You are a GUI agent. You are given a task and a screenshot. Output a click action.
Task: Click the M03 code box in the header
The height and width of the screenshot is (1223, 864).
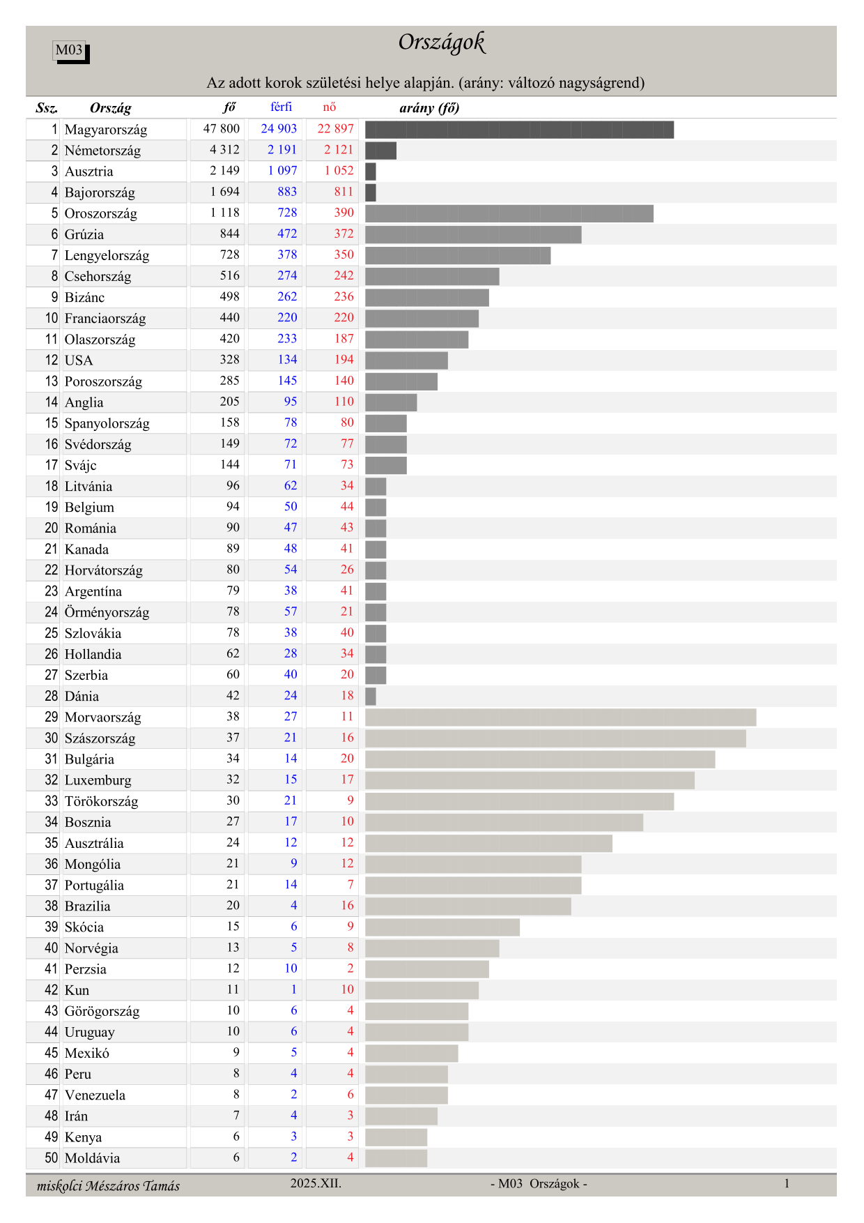[70, 50]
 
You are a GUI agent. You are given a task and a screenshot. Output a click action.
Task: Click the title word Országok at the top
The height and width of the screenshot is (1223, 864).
[442, 43]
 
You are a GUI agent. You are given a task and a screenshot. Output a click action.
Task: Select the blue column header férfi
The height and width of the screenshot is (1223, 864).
[281, 107]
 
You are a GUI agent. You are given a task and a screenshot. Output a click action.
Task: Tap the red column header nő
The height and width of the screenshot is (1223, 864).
[330, 107]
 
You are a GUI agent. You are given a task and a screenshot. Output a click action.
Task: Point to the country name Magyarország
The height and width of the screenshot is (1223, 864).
[106, 130]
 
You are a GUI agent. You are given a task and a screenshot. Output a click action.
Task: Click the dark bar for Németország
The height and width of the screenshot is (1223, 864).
[380, 150]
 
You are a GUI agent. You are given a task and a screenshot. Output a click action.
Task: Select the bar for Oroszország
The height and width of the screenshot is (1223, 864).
[509, 213]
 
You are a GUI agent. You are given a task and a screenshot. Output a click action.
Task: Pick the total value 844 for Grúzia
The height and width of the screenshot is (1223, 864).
[229, 234]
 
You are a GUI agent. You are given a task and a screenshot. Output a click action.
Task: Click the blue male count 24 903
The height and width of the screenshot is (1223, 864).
[279, 129]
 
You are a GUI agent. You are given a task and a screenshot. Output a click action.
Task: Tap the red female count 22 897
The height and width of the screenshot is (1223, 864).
[335, 129]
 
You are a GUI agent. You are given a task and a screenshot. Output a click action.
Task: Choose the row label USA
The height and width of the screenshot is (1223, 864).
[79, 360]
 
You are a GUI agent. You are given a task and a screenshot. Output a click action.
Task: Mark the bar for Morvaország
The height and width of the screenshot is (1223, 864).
[560, 717]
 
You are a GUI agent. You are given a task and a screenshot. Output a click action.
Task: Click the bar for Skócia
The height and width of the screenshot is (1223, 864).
[442, 927]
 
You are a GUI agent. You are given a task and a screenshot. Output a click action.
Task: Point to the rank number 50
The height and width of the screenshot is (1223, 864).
[52, 1158]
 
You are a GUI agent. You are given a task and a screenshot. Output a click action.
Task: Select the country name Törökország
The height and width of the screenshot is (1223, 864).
[101, 801]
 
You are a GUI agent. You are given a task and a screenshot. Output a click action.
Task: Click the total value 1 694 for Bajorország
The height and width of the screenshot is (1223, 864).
[224, 192]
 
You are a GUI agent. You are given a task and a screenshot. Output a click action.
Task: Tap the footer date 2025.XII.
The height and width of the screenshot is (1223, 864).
[316, 1183]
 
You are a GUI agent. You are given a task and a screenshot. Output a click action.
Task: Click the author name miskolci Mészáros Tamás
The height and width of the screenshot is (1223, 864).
[108, 1186]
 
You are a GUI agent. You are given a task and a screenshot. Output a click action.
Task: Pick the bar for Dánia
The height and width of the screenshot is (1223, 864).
[371, 697]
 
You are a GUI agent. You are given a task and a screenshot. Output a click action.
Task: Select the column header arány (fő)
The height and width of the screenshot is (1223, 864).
[429, 107]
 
